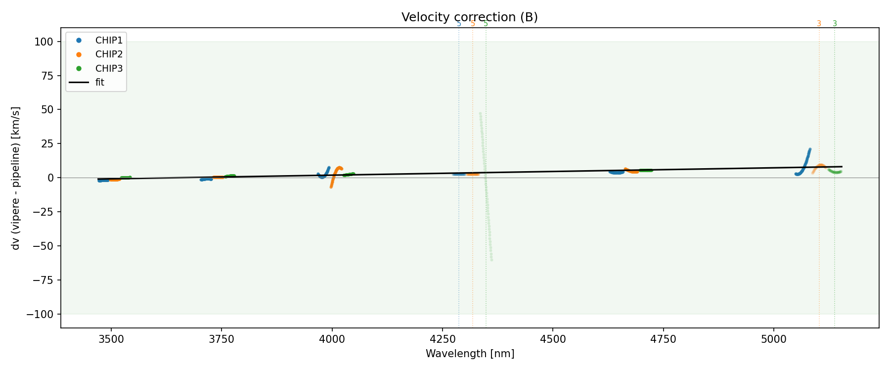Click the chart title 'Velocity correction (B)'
[469, 17]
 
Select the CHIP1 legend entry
[109, 40]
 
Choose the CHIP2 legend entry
[109, 54]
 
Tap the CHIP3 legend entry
[109, 68]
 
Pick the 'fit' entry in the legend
[99, 83]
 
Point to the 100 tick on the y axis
[44, 42]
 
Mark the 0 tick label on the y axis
[50, 178]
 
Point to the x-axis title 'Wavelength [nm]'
[470, 354]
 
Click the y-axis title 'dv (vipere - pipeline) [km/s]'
[16, 178]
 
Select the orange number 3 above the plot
[819, 24]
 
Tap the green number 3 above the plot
[835, 24]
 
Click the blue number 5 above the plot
[459, 24]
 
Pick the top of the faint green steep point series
[480, 114]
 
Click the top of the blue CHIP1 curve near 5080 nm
[810, 149]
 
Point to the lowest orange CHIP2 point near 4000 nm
[331, 187]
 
